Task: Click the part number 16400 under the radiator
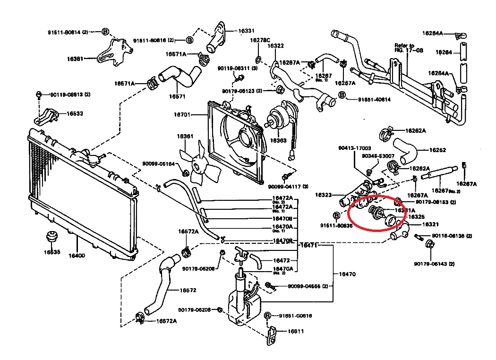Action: tap(77, 256)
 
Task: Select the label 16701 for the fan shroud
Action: tap(182, 115)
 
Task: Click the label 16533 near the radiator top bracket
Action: tap(75, 113)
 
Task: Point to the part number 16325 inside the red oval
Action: tap(416, 217)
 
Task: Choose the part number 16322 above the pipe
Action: tap(275, 46)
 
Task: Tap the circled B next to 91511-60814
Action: tap(105, 32)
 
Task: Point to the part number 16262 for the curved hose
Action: tap(438, 150)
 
